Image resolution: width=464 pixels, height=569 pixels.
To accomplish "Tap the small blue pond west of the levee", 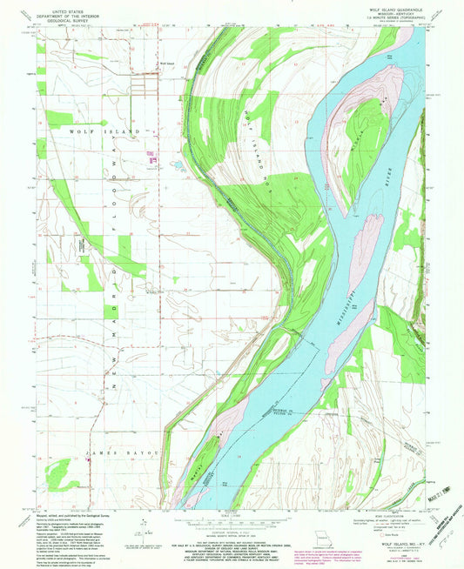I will [x=174, y=162].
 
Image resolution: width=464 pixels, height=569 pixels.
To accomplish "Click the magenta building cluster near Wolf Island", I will [x=151, y=158].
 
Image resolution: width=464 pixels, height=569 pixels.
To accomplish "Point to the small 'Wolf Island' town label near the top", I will [x=165, y=63].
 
